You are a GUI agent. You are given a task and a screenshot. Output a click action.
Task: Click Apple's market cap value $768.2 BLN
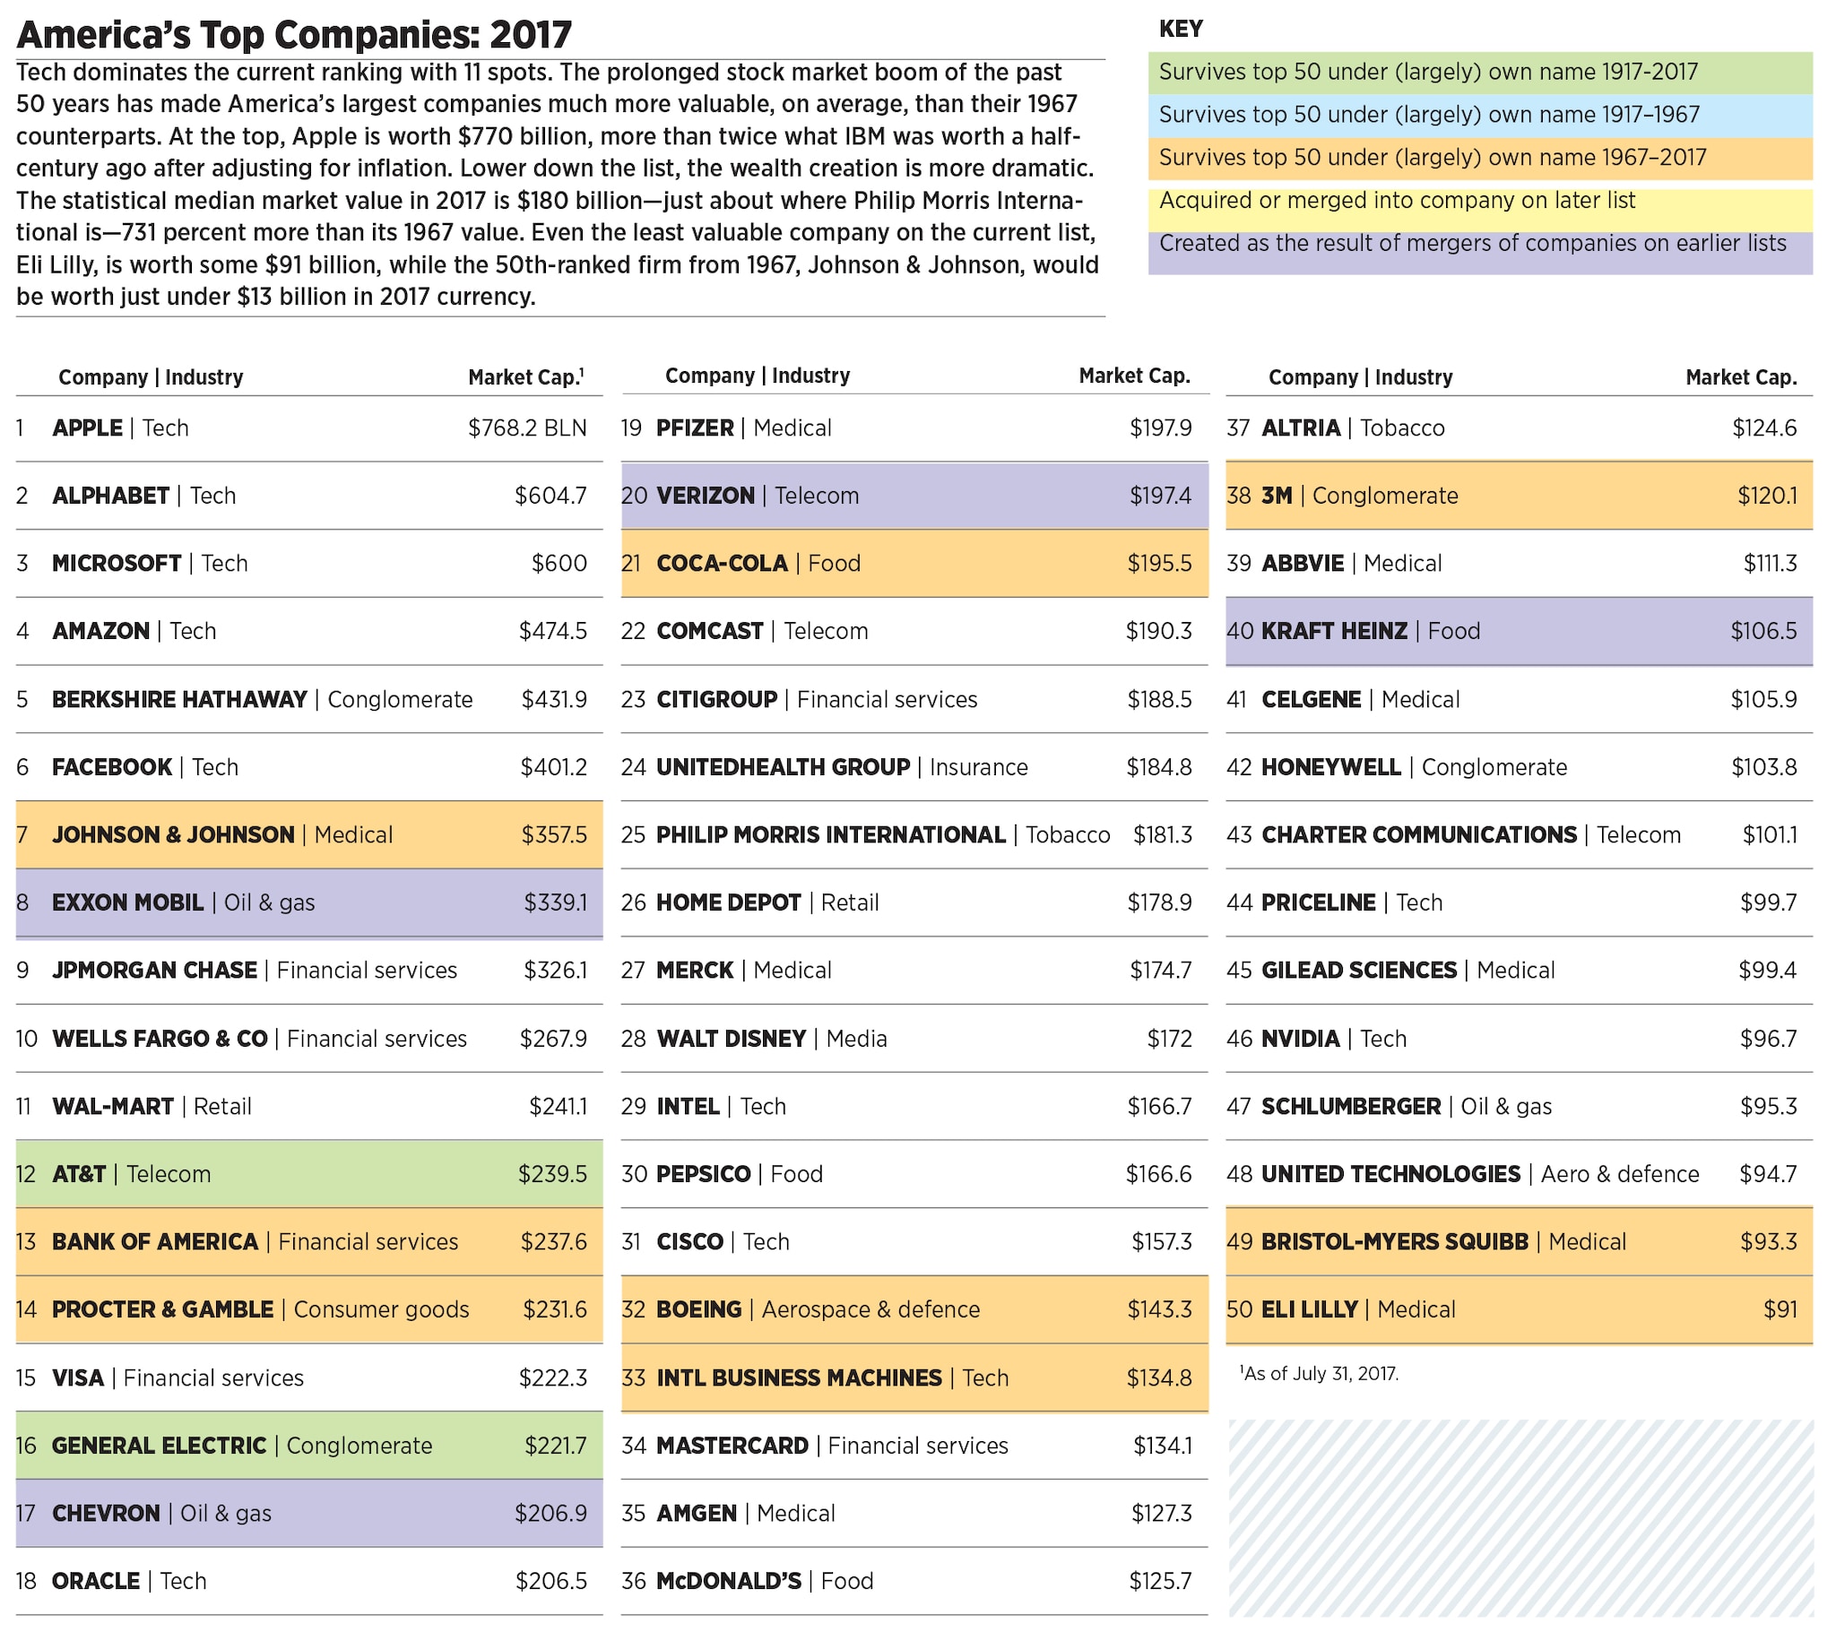point(526,428)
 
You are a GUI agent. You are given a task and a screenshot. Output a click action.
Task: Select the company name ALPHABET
point(110,496)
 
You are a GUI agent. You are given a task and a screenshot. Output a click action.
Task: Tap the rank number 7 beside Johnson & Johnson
point(22,835)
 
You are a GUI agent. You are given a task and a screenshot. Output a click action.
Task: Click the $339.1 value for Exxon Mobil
point(555,902)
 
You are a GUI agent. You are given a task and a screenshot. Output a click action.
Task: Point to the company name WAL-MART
point(113,1107)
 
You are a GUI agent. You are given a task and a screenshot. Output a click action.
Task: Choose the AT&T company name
point(79,1175)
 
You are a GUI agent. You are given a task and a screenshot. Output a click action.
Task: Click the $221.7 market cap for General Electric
point(555,1446)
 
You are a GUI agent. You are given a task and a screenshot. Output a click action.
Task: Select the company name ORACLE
point(96,1582)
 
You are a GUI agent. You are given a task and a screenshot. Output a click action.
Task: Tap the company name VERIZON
point(706,496)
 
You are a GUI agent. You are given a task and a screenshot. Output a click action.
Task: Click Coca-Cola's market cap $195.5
point(1160,564)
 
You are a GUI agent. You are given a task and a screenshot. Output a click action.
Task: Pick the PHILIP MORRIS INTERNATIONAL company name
point(831,835)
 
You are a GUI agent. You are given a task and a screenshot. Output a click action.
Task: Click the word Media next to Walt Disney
point(856,1040)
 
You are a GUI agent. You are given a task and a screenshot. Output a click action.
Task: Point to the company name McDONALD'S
point(729,1582)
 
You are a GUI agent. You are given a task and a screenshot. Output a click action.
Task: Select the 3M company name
point(1277,496)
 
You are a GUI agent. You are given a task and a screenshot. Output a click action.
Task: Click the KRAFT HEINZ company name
point(1334,632)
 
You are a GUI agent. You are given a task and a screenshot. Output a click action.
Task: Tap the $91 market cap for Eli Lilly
point(1780,1310)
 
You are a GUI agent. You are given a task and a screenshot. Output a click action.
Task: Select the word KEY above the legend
point(1181,30)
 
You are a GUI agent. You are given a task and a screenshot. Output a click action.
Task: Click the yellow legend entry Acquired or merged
point(1397,201)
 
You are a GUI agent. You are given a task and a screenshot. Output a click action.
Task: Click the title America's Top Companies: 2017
point(294,35)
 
